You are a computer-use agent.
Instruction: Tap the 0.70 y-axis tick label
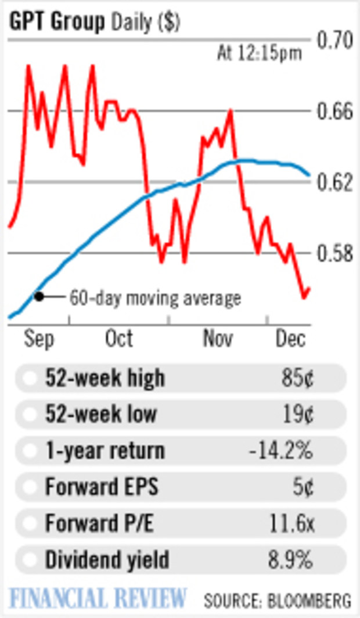(x=334, y=40)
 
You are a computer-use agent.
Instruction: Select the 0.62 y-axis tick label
(x=334, y=182)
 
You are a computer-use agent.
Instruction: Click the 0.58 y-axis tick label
(x=334, y=253)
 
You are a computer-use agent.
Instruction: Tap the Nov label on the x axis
(x=218, y=339)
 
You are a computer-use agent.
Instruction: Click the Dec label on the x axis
(x=290, y=339)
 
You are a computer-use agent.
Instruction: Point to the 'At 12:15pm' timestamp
(x=260, y=54)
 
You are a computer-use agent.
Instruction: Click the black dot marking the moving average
(x=39, y=296)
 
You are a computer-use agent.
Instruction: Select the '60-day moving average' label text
(x=155, y=299)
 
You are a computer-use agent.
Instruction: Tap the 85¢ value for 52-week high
(x=296, y=379)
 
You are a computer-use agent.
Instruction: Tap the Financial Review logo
(x=98, y=598)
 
